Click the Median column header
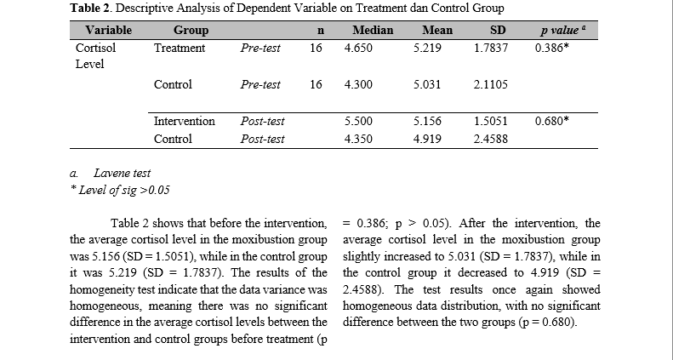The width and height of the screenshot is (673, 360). [x=373, y=30]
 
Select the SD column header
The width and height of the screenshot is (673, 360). [x=498, y=30]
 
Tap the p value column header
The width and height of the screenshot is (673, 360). [x=562, y=30]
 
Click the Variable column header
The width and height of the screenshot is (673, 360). [x=108, y=30]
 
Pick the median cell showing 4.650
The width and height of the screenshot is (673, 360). [x=358, y=48]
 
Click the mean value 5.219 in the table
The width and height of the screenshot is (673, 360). [x=427, y=48]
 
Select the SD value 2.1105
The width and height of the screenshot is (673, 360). [x=491, y=84]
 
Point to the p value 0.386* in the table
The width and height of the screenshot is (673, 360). [x=551, y=48]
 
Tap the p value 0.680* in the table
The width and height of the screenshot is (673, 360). [x=551, y=121]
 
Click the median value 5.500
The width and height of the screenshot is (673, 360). [x=358, y=121]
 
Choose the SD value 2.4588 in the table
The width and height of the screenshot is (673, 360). [x=491, y=139]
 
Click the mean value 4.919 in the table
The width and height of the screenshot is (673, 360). [x=427, y=139]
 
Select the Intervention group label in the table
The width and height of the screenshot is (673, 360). [x=184, y=121]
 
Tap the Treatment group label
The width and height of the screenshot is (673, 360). [x=180, y=48]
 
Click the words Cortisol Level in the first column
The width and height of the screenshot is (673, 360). [x=95, y=56]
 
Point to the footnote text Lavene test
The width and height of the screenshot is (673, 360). [x=122, y=173]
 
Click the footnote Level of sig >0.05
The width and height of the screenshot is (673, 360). [x=120, y=190]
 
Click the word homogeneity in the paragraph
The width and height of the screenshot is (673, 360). [x=102, y=289]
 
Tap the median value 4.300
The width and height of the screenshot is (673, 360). [x=358, y=84]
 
